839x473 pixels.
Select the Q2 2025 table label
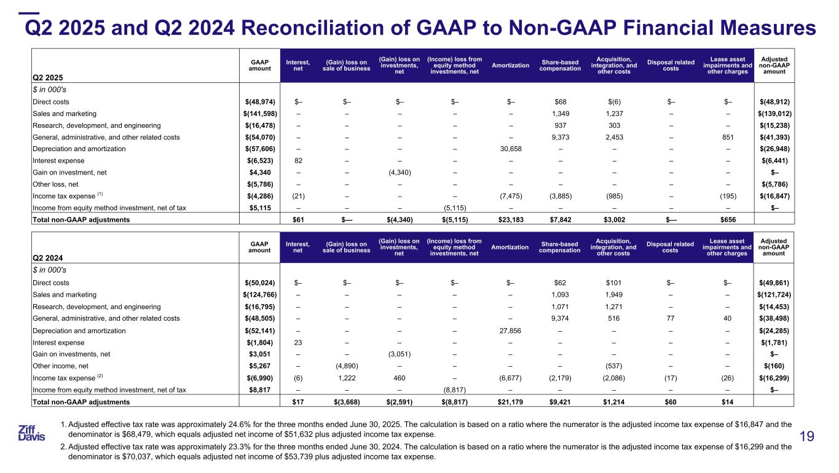tap(48, 78)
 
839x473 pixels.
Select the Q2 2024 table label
tap(48, 260)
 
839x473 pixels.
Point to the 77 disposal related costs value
tap(671, 319)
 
